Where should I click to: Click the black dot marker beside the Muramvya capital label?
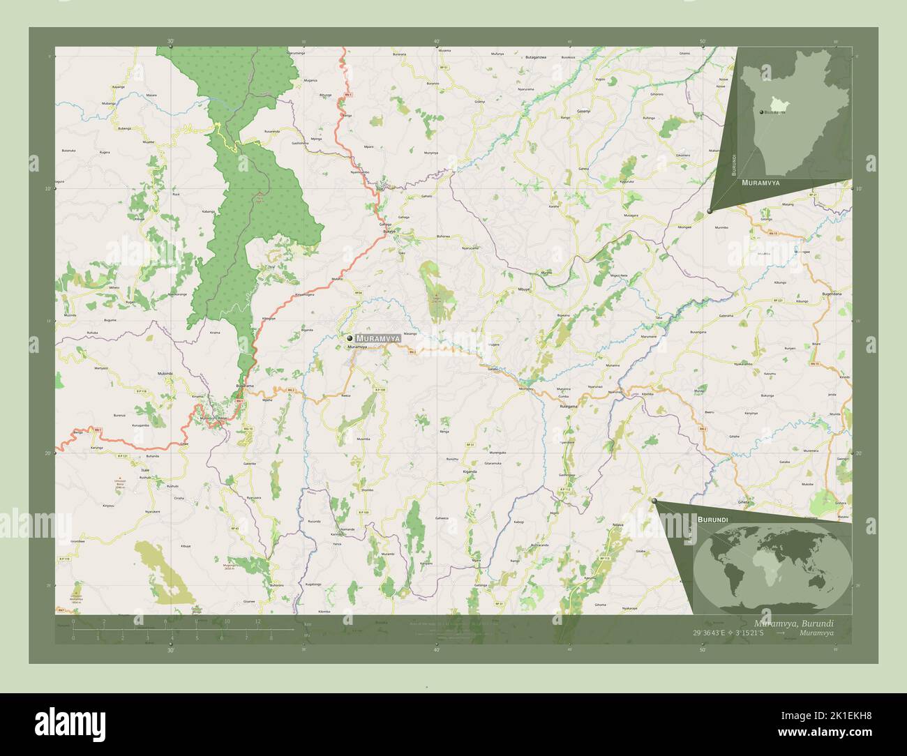[x=350, y=338]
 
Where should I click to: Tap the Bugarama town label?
[x=245, y=386]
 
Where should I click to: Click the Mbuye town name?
[x=524, y=288]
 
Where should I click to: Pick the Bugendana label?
[x=837, y=295]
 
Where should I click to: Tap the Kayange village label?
[x=119, y=87]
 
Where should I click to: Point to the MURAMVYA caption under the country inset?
[x=760, y=181]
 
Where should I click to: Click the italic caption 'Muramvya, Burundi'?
[x=793, y=623]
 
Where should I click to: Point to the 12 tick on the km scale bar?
[x=257, y=621]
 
